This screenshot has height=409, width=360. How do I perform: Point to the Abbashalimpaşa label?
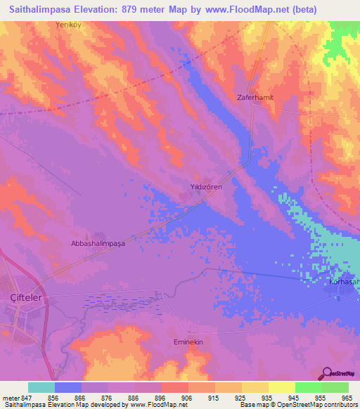click(x=98, y=243)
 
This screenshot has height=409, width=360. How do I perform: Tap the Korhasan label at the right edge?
click(x=344, y=282)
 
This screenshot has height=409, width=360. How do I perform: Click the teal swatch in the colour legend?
click(x=41, y=387)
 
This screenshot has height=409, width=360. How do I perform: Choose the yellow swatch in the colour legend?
click(x=281, y=387)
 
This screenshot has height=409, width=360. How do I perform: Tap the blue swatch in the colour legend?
click(x=68, y=387)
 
